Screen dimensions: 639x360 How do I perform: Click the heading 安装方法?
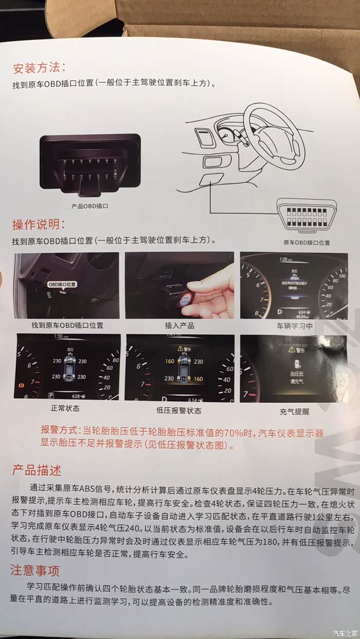pos(39,68)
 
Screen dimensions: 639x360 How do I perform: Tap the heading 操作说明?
pos(39,224)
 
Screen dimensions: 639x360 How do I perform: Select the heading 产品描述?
pos(37,469)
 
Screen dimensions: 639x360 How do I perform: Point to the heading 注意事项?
pos(35,571)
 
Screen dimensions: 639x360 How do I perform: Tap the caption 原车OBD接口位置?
pos(307,242)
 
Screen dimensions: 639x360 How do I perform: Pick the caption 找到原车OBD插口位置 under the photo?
pos(67,325)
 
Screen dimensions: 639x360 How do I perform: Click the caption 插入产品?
pos(179,325)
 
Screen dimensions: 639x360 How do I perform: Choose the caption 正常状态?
pos(66,408)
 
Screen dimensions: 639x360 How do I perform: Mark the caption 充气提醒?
pos(295,411)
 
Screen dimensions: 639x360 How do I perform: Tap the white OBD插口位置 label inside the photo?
pos(62,284)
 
